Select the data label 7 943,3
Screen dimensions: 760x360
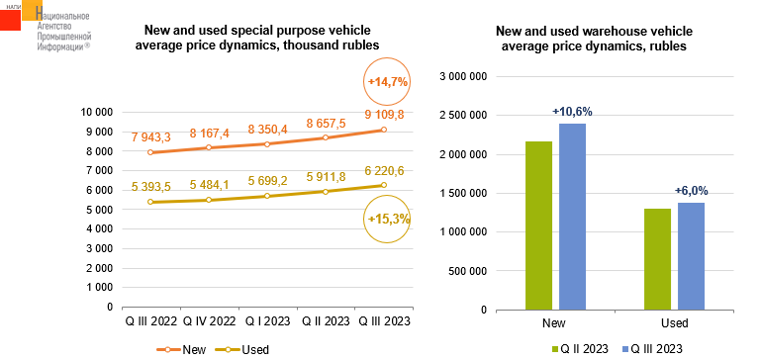click(x=151, y=137)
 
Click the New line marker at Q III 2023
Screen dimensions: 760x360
click(x=384, y=130)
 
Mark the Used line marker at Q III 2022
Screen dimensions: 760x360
click(x=150, y=202)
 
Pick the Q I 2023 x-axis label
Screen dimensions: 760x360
click(x=267, y=321)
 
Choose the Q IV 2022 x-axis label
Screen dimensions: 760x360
click(x=209, y=321)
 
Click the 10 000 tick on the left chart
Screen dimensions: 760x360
click(x=97, y=113)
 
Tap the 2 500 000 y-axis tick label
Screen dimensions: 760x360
click(x=462, y=116)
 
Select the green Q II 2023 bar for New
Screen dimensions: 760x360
click(x=539, y=225)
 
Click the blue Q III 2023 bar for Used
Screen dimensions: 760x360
click(x=691, y=256)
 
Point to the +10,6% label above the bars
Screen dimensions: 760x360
click(x=572, y=112)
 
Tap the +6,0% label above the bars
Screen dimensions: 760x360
click(x=692, y=191)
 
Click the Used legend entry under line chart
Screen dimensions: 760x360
click(x=242, y=350)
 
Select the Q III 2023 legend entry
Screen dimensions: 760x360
click(x=652, y=349)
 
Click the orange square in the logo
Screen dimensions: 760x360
click(x=33, y=10)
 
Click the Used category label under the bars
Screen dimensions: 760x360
click(x=674, y=323)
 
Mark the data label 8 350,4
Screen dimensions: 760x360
click(x=267, y=130)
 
